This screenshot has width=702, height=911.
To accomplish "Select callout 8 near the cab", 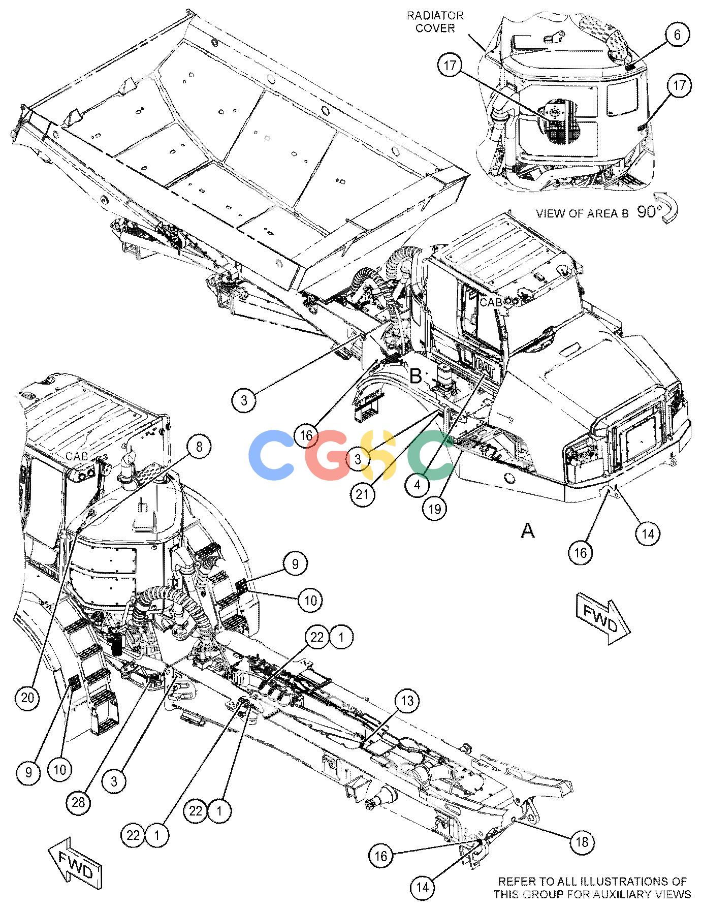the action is coord(199,447).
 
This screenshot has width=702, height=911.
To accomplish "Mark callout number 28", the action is coord(79,802).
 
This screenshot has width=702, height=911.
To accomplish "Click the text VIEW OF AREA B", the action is coord(582,213).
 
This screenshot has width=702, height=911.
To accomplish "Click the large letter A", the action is coord(528,531).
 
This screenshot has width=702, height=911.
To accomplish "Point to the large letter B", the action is coord(416,376).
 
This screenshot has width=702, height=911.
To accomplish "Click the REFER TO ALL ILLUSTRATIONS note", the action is coord(592,888).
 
